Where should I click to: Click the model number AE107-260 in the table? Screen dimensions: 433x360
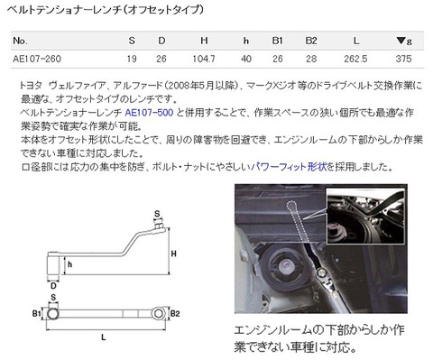[x=37, y=59]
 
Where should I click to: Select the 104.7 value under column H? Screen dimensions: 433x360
[x=204, y=59]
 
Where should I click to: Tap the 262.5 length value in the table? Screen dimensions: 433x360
[x=355, y=59]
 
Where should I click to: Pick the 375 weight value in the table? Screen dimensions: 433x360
[x=403, y=59]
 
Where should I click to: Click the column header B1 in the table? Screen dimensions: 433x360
[x=277, y=41]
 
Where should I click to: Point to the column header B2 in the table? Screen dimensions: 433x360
[x=311, y=41]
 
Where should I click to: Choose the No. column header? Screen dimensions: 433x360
[x=20, y=41]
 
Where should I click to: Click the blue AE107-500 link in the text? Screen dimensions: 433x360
[x=149, y=113]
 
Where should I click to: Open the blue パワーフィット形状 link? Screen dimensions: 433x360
[x=289, y=166]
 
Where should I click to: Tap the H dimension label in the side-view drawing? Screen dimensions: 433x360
[x=174, y=254]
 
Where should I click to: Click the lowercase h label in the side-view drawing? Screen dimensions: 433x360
[x=70, y=264]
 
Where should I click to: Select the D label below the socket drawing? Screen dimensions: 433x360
[x=53, y=285]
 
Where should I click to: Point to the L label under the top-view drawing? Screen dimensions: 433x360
[x=104, y=337]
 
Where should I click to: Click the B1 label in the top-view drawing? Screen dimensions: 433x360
[x=36, y=314]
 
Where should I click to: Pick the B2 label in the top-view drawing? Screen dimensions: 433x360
[x=175, y=314]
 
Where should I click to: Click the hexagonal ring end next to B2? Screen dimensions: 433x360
[x=159, y=314]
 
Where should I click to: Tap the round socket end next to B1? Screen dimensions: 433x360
[x=52, y=314]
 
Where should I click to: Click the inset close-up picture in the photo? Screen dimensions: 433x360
[x=365, y=217]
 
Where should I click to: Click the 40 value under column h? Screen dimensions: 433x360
[x=246, y=59]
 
